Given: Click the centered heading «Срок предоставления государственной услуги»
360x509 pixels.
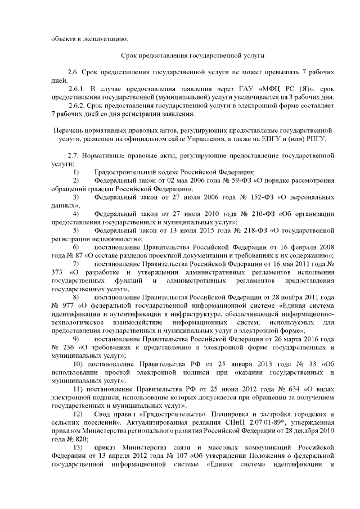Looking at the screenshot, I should (193, 56).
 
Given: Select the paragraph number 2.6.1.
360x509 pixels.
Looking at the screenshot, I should (76, 89).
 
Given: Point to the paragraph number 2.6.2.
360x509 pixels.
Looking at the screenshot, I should (76, 105).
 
